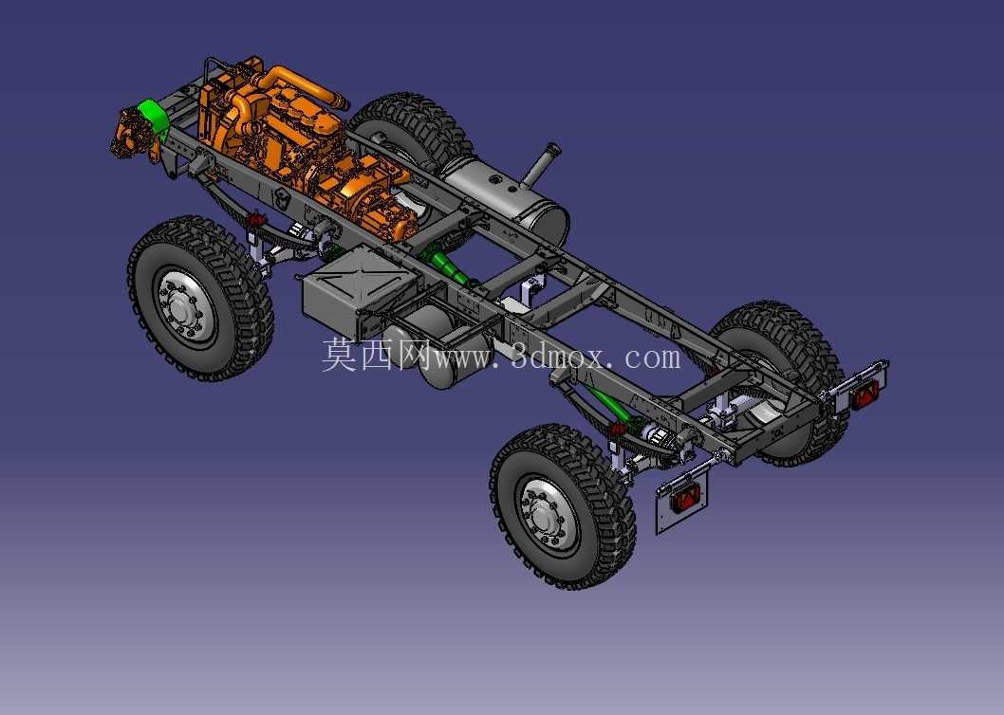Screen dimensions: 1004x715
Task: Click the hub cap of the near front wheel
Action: point(182,310)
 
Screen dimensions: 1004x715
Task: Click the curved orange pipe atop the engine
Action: point(302,84)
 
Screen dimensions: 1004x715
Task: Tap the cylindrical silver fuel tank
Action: point(506,195)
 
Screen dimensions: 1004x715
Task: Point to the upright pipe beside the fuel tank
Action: point(541,163)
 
